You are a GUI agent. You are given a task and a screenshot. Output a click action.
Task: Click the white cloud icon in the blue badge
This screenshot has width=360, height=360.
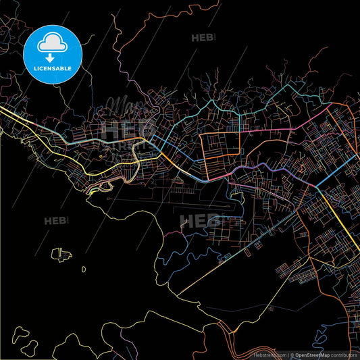click(x=52, y=44)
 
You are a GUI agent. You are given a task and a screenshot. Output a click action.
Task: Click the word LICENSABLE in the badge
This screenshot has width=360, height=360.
click(x=53, y=68)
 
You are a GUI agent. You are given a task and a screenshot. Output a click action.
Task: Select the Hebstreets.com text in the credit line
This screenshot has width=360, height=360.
click(x=269, y=354)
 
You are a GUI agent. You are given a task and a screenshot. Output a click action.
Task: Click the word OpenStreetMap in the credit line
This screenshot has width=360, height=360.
click(x=310, y=354)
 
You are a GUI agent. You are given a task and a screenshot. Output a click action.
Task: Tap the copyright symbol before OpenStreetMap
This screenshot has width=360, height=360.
click(x=292, y=354)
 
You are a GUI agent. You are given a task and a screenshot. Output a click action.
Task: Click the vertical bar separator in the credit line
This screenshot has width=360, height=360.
click(x=288, y=354)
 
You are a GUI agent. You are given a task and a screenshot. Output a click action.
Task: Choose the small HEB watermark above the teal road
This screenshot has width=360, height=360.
click(x=203, y=38)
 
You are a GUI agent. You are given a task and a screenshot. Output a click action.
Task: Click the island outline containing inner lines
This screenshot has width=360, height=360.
click(x=61, y=255)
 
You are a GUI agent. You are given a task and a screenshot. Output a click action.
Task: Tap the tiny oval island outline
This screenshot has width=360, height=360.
click(x=84, y=269)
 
